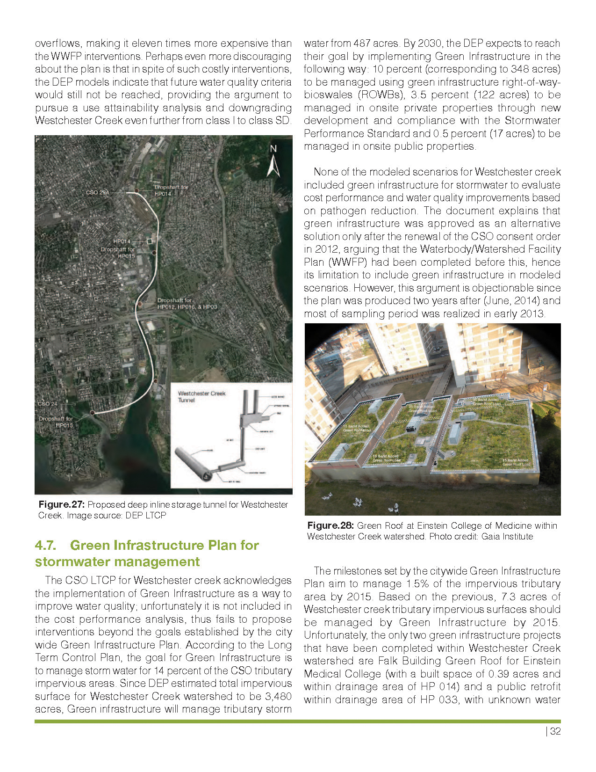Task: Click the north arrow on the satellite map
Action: point(273,161)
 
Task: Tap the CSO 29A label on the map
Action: point(97,192)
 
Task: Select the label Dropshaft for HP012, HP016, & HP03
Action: point(187,304)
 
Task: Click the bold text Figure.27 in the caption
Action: point(61,504)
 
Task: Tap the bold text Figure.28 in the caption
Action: point(330,525)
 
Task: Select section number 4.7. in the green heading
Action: point(46,546)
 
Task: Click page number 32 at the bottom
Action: point(555,731)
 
